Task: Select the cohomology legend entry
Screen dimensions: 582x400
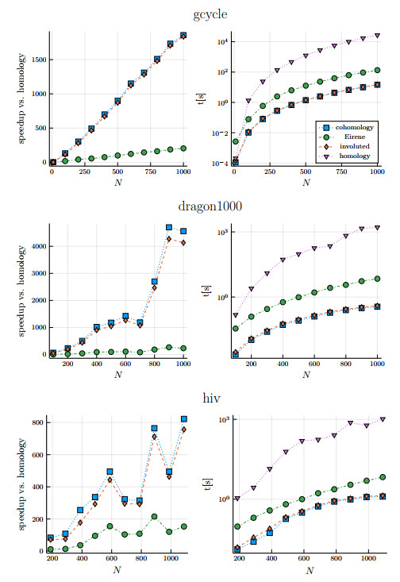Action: point(350,126)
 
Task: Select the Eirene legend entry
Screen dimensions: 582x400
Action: point(350,137)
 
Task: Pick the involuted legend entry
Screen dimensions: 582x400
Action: point(350,146)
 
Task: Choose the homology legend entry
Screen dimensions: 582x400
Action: point(350,156)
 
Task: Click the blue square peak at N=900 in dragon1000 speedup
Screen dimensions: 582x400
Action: point(169,227)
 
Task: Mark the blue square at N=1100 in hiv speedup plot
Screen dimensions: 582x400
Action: point(184,418)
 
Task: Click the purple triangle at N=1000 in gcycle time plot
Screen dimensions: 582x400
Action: point(377,36)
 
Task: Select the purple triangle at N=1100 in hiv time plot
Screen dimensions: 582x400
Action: point(383,418)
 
